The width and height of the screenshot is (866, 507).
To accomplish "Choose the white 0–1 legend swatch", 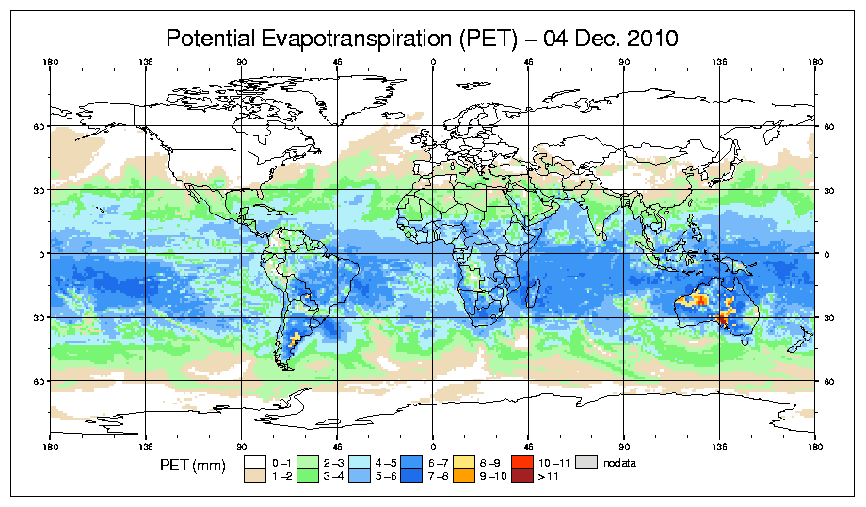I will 254,463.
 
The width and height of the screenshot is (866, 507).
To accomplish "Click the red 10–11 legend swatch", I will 519,463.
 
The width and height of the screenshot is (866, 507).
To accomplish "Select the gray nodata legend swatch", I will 587,463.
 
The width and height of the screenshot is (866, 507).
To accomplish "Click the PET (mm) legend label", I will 193,467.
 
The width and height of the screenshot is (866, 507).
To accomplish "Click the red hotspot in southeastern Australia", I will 724,319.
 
